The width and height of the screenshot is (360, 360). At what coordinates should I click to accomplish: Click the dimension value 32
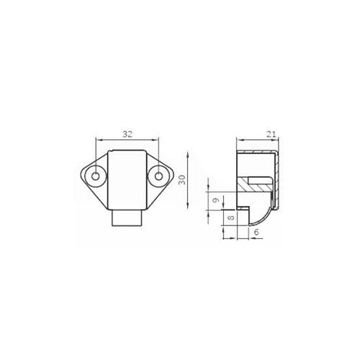(127, 134)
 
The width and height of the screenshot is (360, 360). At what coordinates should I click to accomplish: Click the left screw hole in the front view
(95, 176)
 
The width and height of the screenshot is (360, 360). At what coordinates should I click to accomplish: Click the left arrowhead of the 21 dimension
(239, 139)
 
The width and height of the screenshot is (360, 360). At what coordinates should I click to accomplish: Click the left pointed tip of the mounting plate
(78, 176)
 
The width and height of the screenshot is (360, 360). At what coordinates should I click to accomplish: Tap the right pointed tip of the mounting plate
(175, 176)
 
